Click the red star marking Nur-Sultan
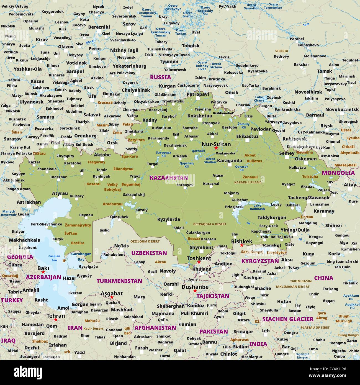click(216, 148)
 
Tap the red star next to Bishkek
click(241, 245)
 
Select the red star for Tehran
click(56, 320)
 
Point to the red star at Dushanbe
click(195, 291)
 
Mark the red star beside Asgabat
click(112, 297)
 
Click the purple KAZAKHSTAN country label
click(169, 178)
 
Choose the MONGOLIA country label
click(338, 173)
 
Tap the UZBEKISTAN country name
click(149, 253)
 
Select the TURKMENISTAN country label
click(119, 281)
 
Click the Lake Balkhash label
click(257, 207)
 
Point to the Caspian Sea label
click(54, 258)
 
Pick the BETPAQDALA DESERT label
click(210, 224)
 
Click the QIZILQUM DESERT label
click(145, 242)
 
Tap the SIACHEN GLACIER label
click(288, 319)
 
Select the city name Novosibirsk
click(308, 92)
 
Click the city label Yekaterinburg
click(129, 66)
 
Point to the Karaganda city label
click(230, 161)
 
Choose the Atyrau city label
click(60, 193)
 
